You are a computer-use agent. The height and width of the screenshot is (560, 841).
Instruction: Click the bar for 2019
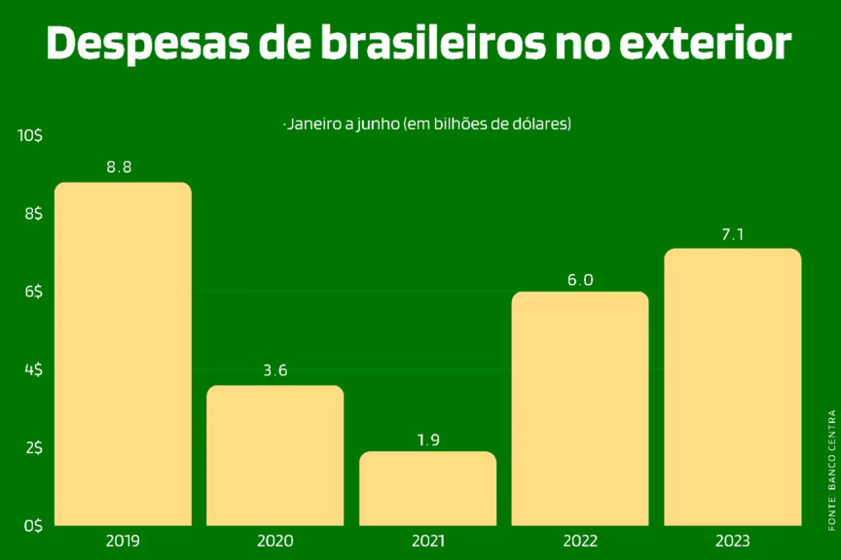click(x=123, y=354)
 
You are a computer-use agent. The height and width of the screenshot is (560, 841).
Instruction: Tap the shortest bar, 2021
click(x=427, y=488)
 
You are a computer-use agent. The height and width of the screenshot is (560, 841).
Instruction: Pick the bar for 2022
click(x=580, y=408)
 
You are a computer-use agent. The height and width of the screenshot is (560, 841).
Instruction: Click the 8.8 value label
click(x=119, y=167)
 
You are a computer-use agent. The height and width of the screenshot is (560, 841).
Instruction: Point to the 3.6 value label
click(x=274, y=370)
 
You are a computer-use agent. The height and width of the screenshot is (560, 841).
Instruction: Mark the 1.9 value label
click(x=428, y=439)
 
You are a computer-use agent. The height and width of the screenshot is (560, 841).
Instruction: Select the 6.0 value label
click(x=581, y=280)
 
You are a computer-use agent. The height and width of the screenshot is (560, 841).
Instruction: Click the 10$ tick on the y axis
click(x=29, y=137)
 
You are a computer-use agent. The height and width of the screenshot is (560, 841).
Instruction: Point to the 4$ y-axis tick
click(x=33, y=369)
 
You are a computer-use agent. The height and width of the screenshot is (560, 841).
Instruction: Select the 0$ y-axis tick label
click(x=33, y=525)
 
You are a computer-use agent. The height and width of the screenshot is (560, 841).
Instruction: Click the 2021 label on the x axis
click(x=428, y=541)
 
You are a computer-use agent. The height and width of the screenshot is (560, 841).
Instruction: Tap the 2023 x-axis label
click(x=732, y=541)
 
